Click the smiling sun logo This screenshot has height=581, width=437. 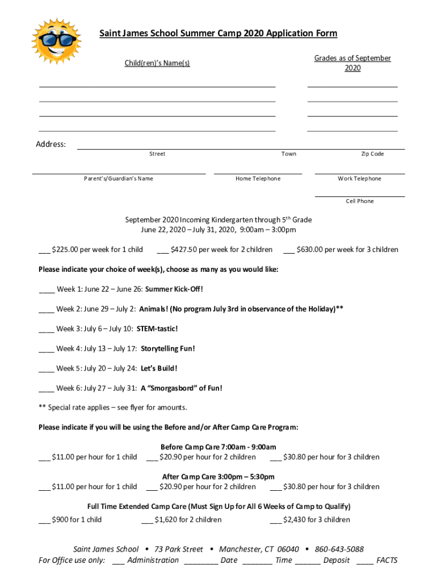coord(56,43)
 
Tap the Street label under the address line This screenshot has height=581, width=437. coord(157,154)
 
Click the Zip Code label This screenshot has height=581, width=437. coord(372,154)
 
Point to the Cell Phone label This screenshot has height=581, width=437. coord(360,201)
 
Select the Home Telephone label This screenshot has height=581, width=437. coord(258,179)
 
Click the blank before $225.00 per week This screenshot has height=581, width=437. coord(44,250)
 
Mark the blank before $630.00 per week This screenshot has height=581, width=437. coord(288,250)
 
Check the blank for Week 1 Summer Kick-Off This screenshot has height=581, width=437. coord(47,290)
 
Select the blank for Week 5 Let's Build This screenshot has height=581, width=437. coord(47,369)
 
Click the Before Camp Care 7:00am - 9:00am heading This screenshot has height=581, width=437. coord(218,447)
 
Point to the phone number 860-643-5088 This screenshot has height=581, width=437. coord(339,549)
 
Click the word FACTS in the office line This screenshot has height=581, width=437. coord(386,561)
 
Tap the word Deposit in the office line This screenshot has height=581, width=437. coord(337,561)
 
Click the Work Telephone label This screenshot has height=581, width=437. coord(359,179)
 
